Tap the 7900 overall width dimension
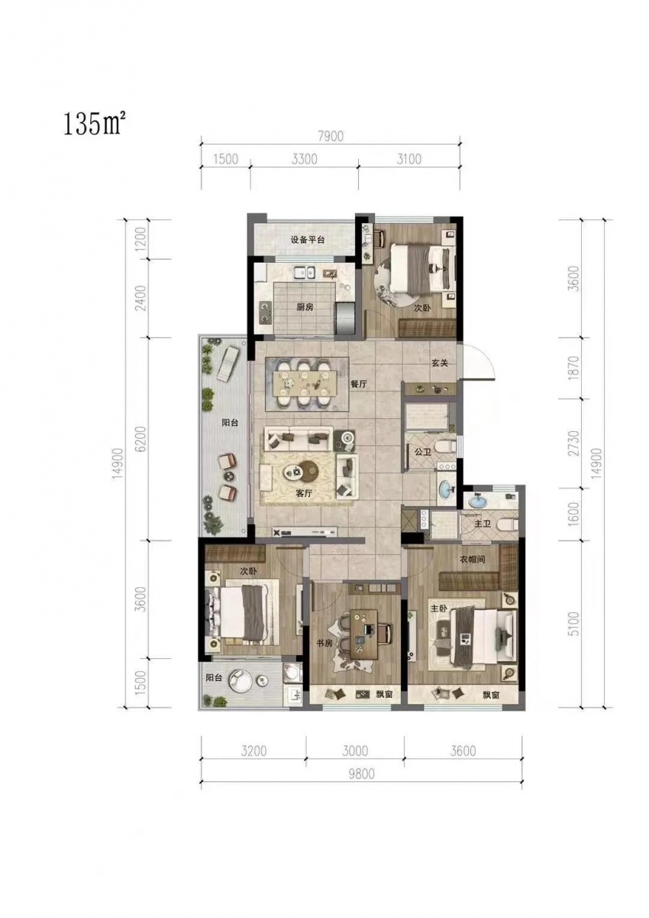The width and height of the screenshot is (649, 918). pos(331,136)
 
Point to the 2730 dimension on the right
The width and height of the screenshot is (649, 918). pos(575,443)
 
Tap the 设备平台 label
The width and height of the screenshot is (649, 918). pos(308,240)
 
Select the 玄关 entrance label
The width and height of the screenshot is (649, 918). pos(439,363)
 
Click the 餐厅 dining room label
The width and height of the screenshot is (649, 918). pos(358,384)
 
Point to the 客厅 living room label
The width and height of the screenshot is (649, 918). pos(304,494)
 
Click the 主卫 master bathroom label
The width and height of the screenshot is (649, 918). pos(482,524)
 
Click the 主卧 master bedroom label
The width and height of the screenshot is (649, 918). pos(438,608)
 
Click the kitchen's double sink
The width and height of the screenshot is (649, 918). pos(304,271)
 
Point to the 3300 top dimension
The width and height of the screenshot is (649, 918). pos(304,158)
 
